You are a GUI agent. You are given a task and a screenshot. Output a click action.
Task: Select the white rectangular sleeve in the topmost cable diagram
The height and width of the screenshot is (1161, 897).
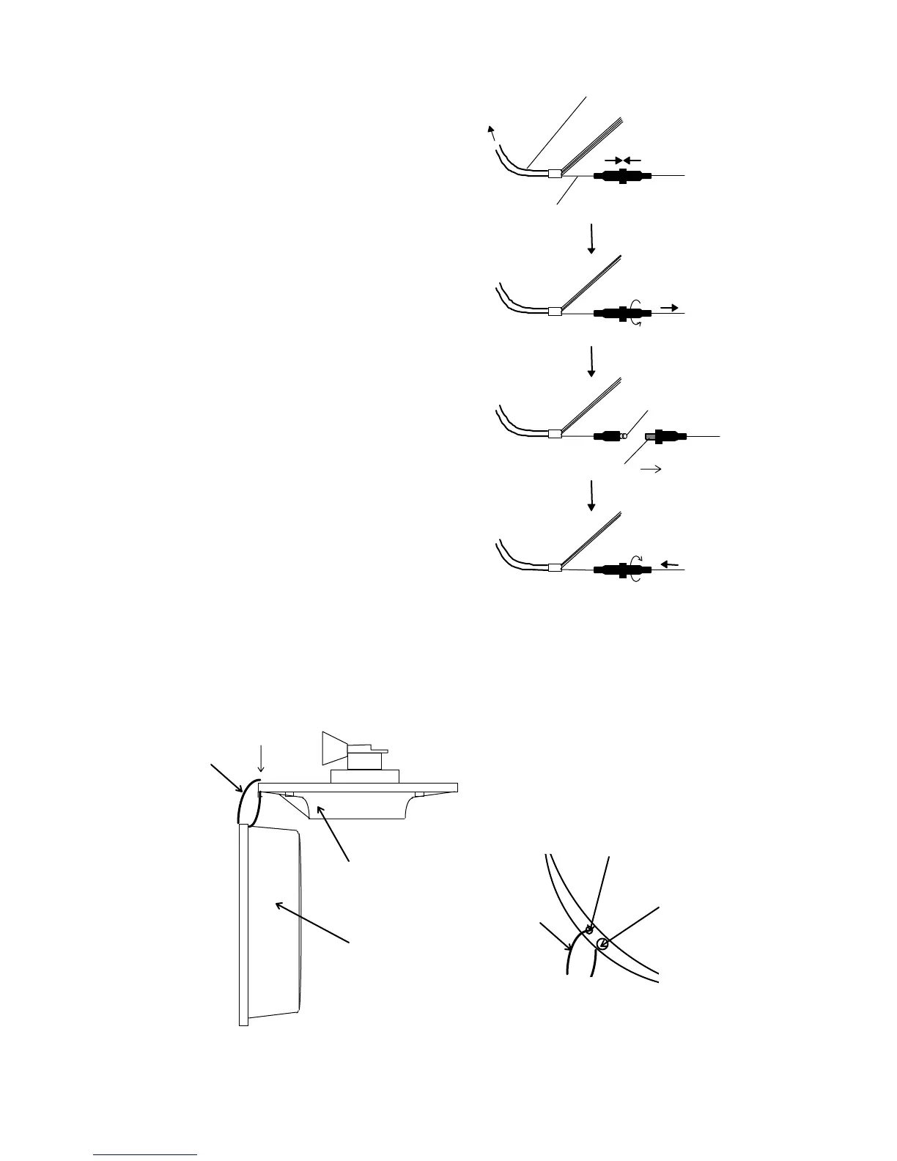click(555, 174)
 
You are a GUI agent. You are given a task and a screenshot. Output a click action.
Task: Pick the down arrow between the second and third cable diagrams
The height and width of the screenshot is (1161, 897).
click(591, 362)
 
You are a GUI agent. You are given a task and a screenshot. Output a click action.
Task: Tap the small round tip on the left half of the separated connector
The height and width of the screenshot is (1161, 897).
click(625, 435)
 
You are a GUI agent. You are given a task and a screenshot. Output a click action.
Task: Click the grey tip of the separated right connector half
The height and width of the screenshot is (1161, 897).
click(649, 436)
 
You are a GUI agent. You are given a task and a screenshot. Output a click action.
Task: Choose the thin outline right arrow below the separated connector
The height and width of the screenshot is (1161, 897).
click(651, 469)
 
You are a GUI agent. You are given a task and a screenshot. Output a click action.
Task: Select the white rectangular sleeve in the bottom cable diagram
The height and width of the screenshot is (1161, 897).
click(555, 567)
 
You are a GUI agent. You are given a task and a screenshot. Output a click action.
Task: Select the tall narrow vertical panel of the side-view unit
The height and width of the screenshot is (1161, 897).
click(244, 924)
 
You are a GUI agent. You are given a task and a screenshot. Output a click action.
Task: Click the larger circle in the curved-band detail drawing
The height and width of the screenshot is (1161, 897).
click(602, 943)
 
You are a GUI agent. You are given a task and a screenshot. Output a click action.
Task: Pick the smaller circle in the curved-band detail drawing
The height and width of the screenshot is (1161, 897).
click(588, 930)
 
